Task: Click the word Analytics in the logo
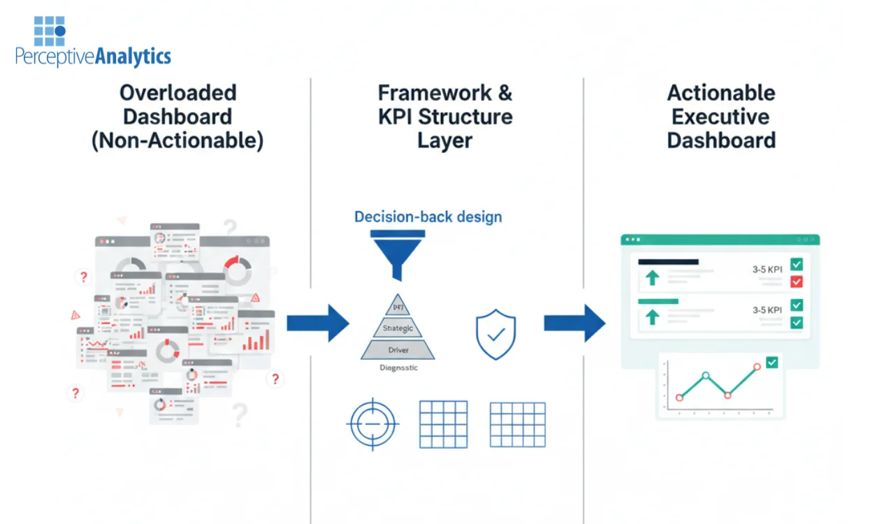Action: [x=133, y=57]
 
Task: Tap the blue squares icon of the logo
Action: [x=50, y=31]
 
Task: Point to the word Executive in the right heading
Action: [x=720, y=117]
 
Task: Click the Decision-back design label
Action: [x=428, y=217]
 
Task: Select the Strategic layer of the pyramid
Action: [x=398, y=328]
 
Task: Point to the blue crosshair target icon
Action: [x=373, y=423]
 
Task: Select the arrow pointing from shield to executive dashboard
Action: [x=574, y=323]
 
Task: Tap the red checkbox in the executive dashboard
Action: [x=796, y=282]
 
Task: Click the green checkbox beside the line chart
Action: [x=772, y=363]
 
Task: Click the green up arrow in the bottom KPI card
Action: [x=652, y=317]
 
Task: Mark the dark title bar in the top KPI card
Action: [x=668, y=262]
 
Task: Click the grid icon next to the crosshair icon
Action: [x=443, y=424]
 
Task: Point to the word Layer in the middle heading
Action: [x=444, y=140]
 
